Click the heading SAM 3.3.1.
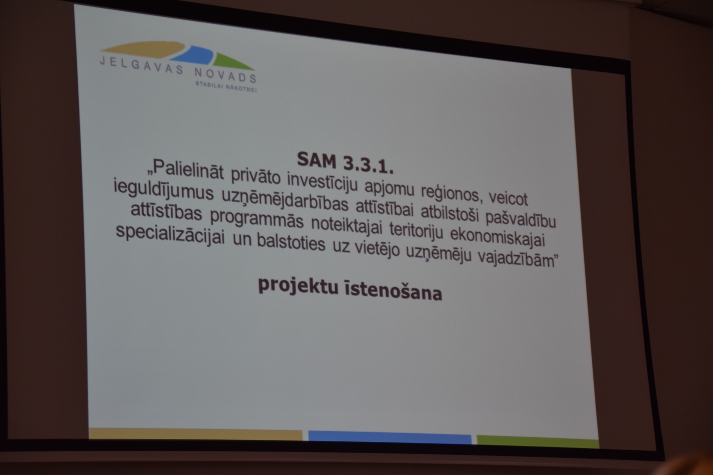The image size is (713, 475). [345, 162]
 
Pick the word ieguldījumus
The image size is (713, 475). [163, 189]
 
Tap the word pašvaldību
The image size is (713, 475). [520, 218]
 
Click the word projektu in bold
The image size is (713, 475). [298, 285]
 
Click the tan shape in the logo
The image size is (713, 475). [143, 49]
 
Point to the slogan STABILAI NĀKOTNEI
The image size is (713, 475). [226, 87]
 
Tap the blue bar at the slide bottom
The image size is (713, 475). [390, 437]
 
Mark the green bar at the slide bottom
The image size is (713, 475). [538, 441]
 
